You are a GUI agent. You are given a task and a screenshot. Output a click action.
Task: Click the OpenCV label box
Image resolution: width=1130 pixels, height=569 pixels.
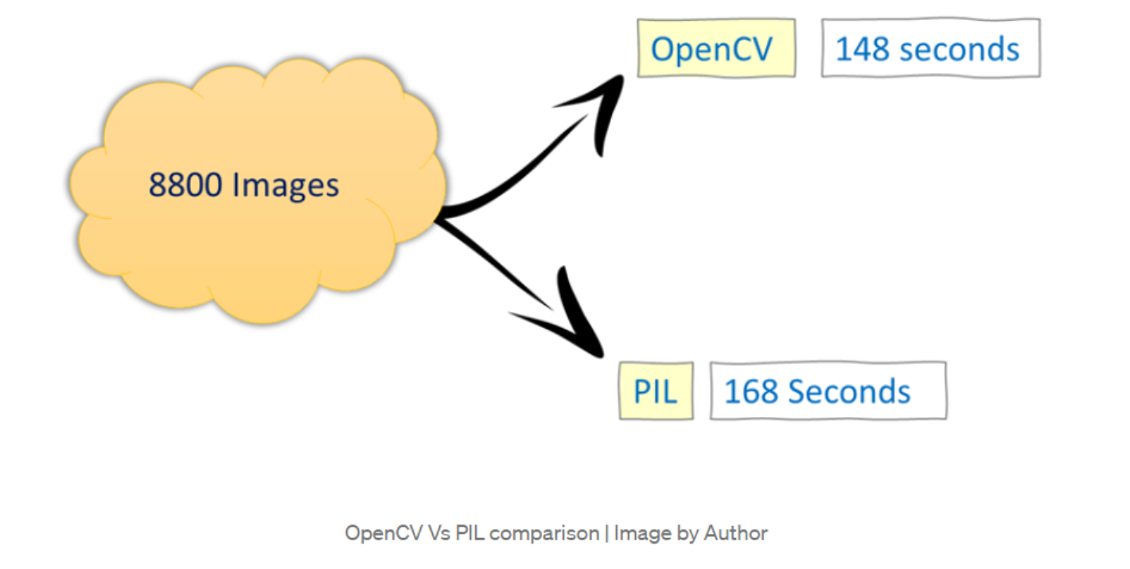click(x=716, y=49)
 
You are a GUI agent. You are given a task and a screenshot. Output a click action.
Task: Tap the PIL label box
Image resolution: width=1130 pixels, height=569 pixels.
click(x=656, y=391)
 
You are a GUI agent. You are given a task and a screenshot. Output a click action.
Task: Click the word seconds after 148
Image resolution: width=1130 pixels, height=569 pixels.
click(x=960, y=49)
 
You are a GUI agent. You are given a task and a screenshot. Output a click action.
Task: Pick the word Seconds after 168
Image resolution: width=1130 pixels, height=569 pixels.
click(x=849, y=392)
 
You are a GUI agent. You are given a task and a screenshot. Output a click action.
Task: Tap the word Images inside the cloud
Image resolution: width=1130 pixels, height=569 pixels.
click(x=285, y=185)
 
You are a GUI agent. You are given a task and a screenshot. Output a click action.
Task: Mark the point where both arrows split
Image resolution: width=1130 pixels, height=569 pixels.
click(x=440, y=214)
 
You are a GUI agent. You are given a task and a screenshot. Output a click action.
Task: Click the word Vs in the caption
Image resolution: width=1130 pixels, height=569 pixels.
click(x=439, y=532)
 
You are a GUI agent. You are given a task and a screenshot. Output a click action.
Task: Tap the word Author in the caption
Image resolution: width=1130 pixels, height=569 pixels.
click(x=736, y=532)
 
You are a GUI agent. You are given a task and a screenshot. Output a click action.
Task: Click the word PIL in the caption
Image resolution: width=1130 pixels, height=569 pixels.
click(x=470, y=532)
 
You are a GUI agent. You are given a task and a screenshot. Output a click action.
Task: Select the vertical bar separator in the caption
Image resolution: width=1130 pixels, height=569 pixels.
click(x=606, y=532)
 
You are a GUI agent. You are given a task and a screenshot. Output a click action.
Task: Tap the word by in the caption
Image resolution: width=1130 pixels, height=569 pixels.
click(x=687, y=532)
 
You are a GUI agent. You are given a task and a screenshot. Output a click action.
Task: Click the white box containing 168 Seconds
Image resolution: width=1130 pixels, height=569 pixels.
click(x=828, y=391)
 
